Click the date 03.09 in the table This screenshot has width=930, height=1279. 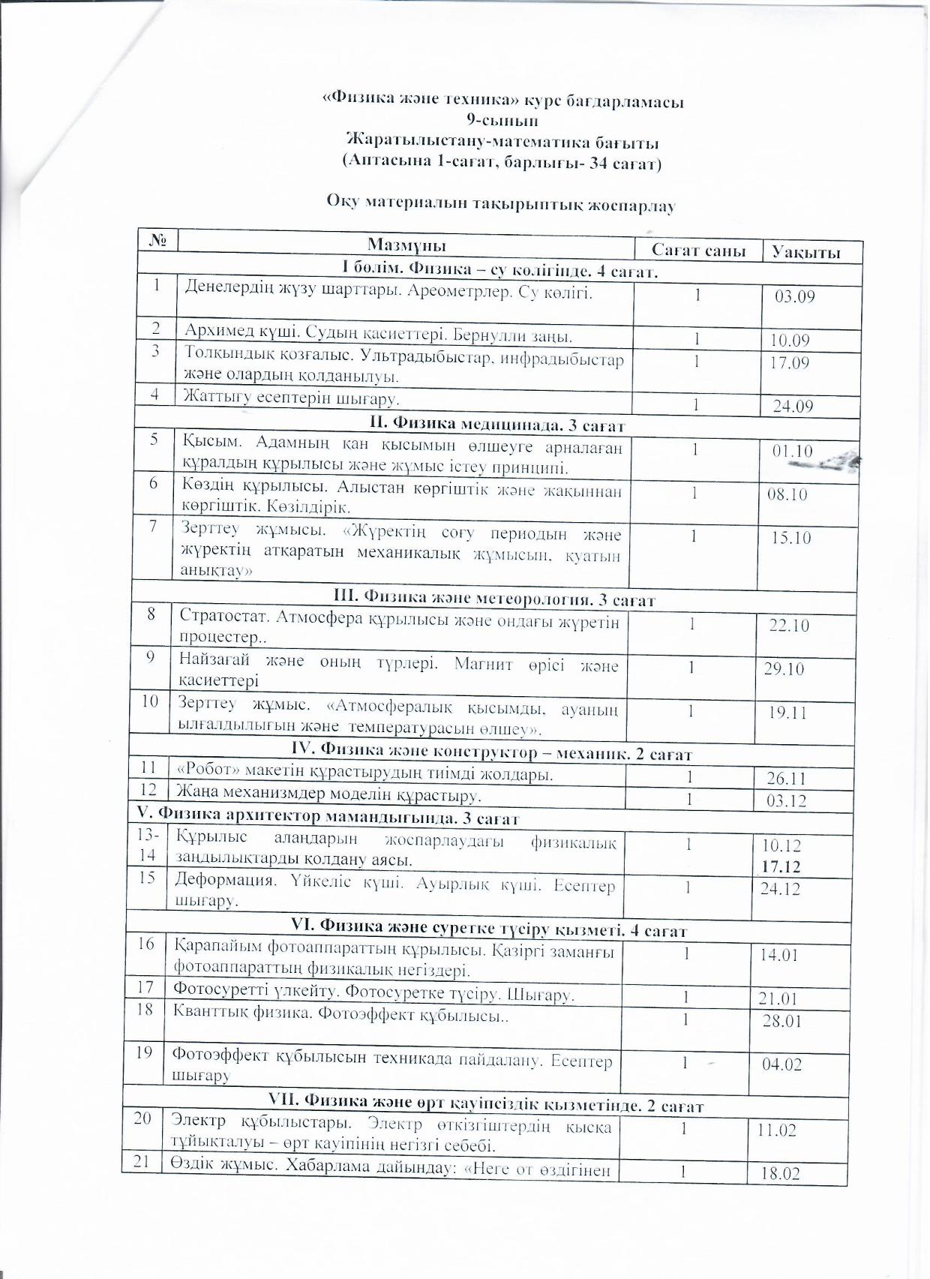coord(794,296)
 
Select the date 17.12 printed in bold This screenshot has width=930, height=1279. coord(781,866)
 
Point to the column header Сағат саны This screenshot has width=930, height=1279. coord(697,251)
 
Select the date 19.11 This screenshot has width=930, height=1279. coord(787,711)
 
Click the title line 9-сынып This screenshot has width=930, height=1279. coord(502,120)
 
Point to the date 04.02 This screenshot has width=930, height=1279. coord(781,1064)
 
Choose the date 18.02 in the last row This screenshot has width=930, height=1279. coord(780,1172)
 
